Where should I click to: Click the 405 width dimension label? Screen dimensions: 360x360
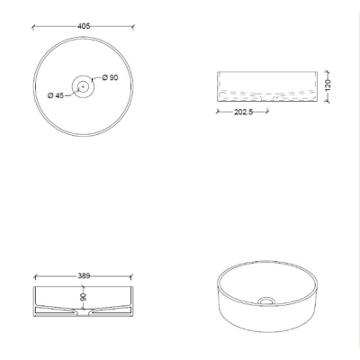84,26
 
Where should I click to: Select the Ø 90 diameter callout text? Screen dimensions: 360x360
110,77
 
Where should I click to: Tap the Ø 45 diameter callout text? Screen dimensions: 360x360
56,95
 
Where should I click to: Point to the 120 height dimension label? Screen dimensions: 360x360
328,85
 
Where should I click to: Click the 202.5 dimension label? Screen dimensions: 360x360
244,112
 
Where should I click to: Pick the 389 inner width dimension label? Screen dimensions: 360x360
84,275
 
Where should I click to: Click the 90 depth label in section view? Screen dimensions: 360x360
84,297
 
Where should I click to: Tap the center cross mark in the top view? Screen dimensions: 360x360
83,86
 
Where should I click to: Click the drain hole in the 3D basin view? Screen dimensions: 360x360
266,301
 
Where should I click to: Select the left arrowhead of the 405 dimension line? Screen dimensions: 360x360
33,28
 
